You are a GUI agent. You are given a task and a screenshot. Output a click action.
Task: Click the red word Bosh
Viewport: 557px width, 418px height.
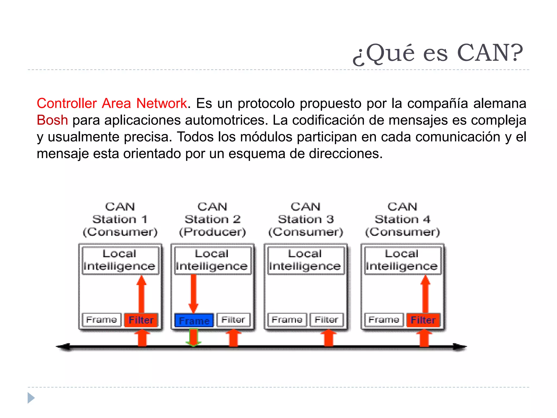tap(52, 120)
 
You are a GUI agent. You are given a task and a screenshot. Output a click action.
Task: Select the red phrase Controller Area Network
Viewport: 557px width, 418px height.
tap(112, 103)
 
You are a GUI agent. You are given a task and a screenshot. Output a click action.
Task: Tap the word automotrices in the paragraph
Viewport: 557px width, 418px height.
tap(225, 120)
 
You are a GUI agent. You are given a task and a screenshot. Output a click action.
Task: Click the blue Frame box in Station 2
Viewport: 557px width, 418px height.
tap(194, 320)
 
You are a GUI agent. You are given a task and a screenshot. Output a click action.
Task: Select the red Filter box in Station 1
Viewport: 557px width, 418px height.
tap(141, 320)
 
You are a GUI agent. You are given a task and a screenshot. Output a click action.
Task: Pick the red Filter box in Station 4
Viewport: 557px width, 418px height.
tap(423, 320)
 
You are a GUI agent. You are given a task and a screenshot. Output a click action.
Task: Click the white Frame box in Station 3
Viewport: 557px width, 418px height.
tap(287, 319)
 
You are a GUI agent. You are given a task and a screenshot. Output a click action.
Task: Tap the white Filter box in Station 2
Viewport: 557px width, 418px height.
tap(233, 319)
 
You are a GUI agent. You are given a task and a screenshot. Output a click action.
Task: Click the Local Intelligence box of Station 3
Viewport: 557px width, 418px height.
tap(305, 260)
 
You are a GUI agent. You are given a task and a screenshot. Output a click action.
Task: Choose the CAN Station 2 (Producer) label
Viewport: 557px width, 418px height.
tap(212, 219)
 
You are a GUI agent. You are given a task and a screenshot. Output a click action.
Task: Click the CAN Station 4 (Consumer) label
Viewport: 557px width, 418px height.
tap(402, 219)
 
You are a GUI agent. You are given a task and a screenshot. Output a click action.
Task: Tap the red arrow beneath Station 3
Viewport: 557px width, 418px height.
tap(329, 338)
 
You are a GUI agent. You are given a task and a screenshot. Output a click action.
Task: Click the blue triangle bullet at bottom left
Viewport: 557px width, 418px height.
tap(31, 398)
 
